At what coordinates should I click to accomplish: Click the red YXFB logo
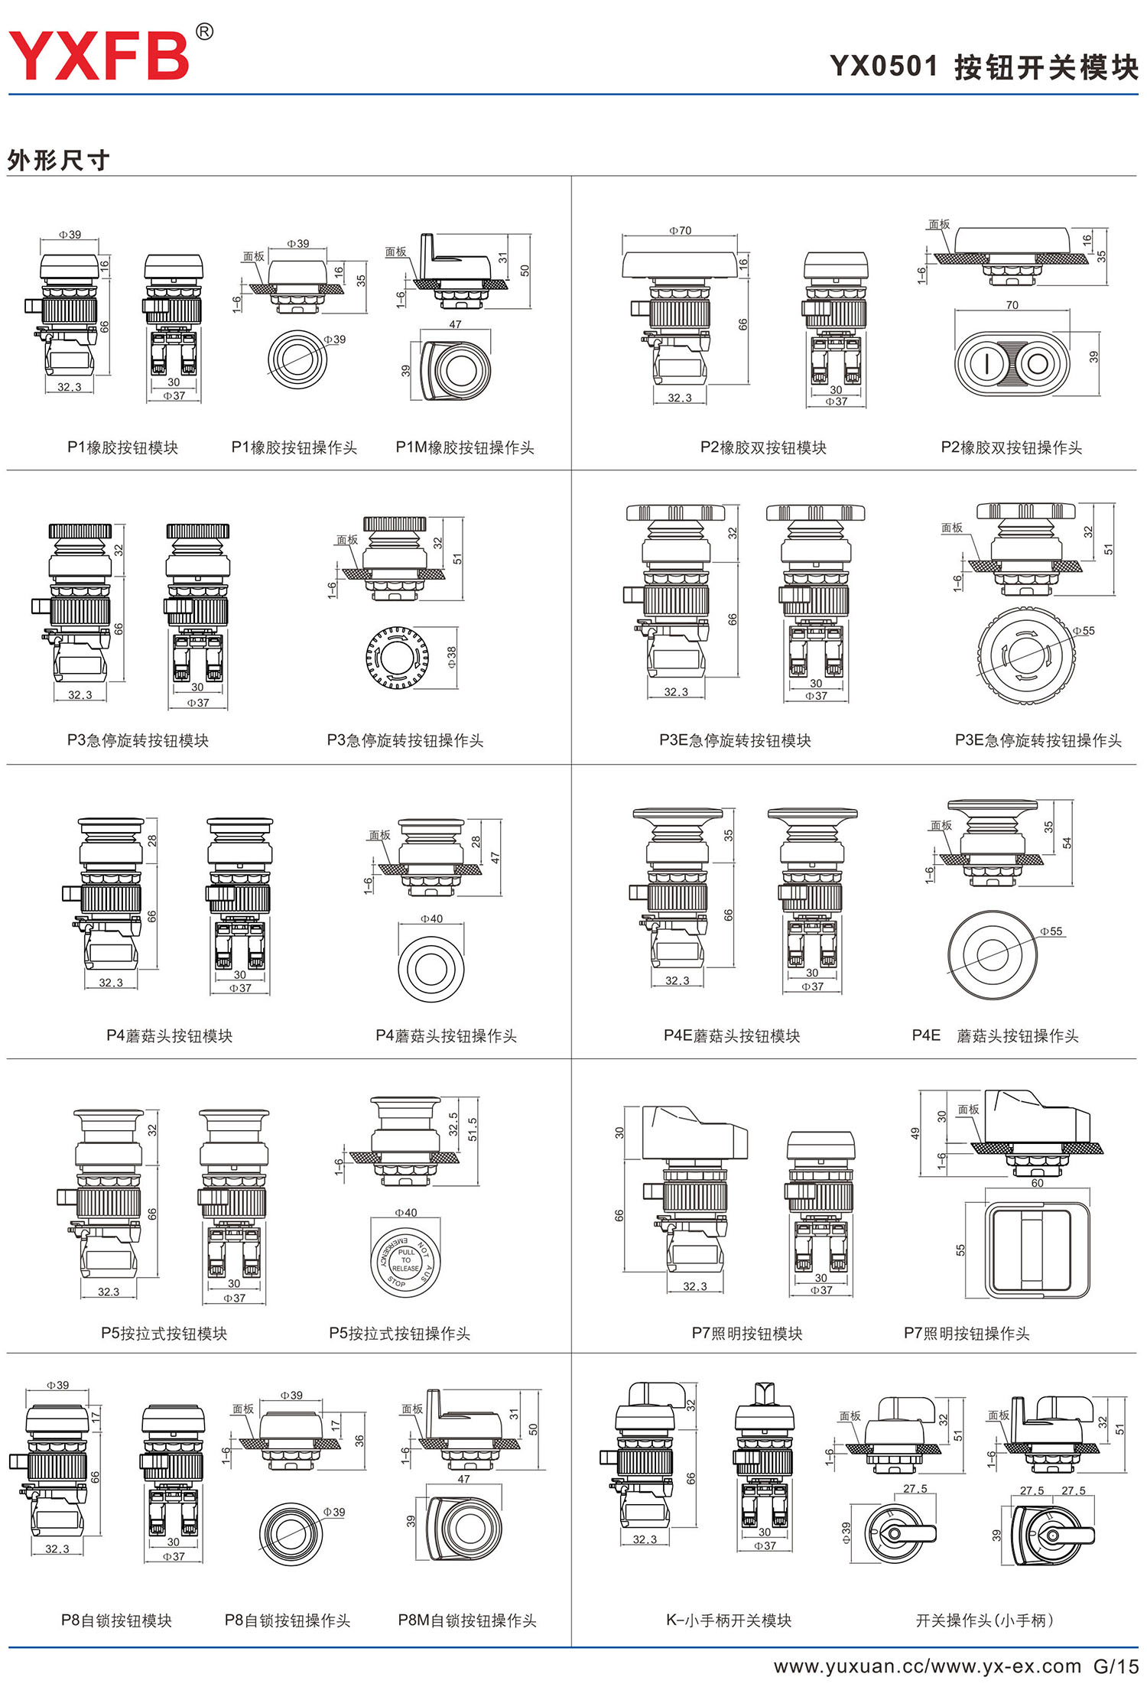[x=99, y=55]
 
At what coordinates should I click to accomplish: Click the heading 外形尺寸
[x=58, y=161]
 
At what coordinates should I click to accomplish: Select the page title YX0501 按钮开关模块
[x=984, y=67]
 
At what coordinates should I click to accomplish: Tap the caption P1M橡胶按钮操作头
[x=465, y=447]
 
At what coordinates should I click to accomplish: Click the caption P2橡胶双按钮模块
[x=763, y=447]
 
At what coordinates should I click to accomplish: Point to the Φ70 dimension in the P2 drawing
[x=680, y=230]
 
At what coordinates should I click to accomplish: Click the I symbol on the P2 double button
[x=986, y=363]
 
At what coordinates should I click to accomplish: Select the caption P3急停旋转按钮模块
[x=138, y=740]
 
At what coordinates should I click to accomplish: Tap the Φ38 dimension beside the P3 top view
[x=452, y=657]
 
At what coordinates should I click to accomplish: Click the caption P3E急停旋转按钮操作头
[x=1038, y=740]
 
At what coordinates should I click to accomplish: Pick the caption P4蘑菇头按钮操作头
[x=446, y=1035]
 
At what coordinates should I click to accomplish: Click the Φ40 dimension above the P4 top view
[x=431, y=919]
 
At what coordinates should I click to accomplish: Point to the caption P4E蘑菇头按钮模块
[x=732, y=1035]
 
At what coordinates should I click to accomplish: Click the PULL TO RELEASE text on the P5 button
[x=406, y=1260]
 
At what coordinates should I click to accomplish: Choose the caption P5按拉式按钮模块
[x=164, y=1334]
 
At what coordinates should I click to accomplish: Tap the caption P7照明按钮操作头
[x=967, y=1334]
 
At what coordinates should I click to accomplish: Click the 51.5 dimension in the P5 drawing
[x=473, y=1129]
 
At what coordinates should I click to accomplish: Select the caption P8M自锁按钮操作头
[x=467, y=1620]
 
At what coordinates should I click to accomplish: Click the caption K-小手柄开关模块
[x=729, y=1620]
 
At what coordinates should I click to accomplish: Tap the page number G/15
[x=1116, y=1666]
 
